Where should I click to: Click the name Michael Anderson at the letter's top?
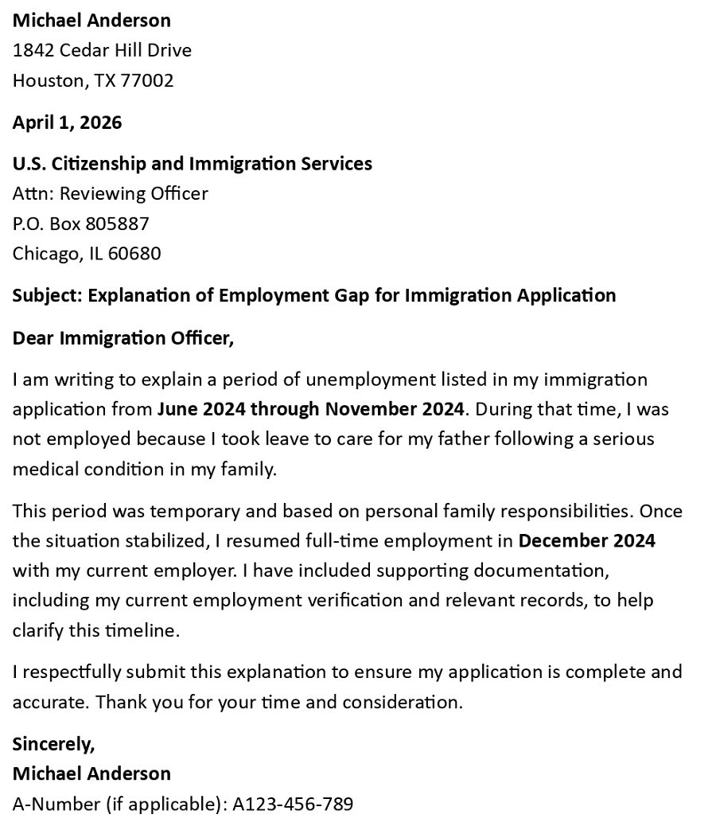pyautogui.click(x=91, y=20)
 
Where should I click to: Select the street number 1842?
pyautogui.click(x=33, y=50)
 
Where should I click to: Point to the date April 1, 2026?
pyautogui.click(x=67, y=123)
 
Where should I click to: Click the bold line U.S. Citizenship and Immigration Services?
pyautogui.click(x=192, y=163)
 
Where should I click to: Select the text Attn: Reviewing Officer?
pyautogui.click(x=110, y=193)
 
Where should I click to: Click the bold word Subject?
pyautogui.click(x=47, y=295)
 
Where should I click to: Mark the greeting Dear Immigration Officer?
pyautogui.click(x=123, y=338)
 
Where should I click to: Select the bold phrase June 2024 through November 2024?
pyautogui.click(x=310, y=409)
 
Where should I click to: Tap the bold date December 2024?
pyautogui.click(x=586, y=541)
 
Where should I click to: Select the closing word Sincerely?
pyautogui.click(x=53, y=744)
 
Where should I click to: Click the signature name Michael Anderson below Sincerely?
pyautogui.click(x=91, y=773)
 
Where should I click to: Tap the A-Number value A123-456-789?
pyautogui.click(x=292, y=804)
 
